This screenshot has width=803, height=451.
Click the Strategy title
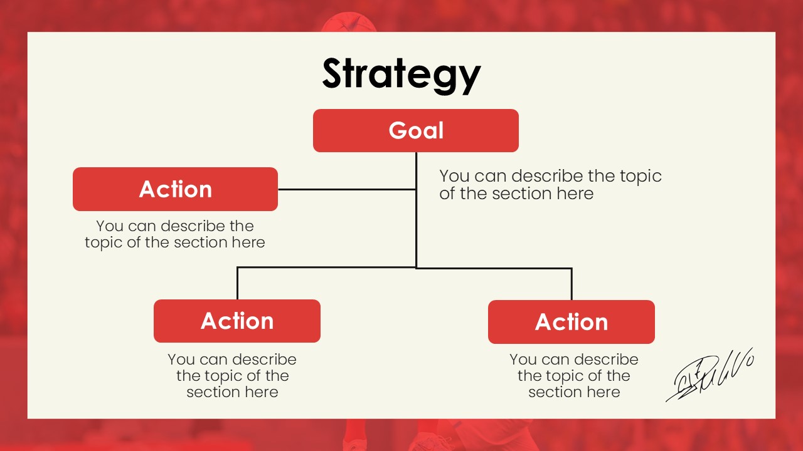[x=401, y=75]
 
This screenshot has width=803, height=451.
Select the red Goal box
[x=416, y=131]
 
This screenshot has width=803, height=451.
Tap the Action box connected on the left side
[x=175, y=189]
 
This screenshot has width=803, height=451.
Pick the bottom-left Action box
[x=237, y=321]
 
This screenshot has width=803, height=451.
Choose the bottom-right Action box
[x=572, y=322]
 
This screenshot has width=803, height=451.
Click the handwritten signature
[x=710, y=375]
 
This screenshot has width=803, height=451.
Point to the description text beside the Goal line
[x=550, y=185]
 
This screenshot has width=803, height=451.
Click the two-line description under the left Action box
[x=175, y=234]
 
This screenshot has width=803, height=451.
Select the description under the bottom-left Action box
[x=232, y=375]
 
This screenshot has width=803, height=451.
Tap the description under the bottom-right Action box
[x=574, y=375]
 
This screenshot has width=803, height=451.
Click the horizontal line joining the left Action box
[x=347, y=189]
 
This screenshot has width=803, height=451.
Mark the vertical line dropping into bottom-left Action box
[x=237, y=283]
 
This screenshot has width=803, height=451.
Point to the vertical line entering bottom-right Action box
[x=572, y=284]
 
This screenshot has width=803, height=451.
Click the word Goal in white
[x=416, y=130]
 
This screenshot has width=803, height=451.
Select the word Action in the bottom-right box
[x=572, y=322]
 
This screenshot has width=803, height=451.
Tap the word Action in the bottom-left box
[x=237, y=321]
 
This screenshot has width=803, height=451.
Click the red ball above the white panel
[x=348, y=22]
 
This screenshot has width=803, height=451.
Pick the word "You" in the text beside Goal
[x=454, y=176]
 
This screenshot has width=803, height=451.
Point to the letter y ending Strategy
[x=469, y=80]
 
